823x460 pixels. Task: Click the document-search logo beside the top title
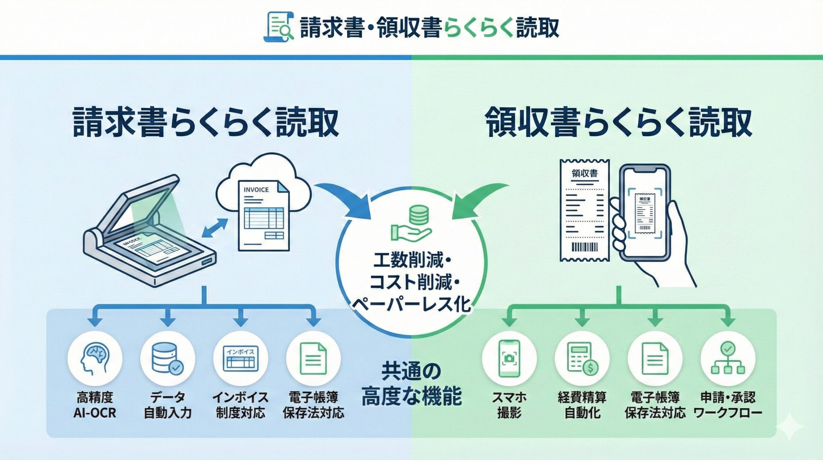(278, 27)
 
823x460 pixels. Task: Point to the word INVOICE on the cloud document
(256, 190)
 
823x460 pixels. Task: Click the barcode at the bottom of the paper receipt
(584, 247)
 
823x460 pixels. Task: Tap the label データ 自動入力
(167, 405)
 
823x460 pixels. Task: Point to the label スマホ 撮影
(509, 405)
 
